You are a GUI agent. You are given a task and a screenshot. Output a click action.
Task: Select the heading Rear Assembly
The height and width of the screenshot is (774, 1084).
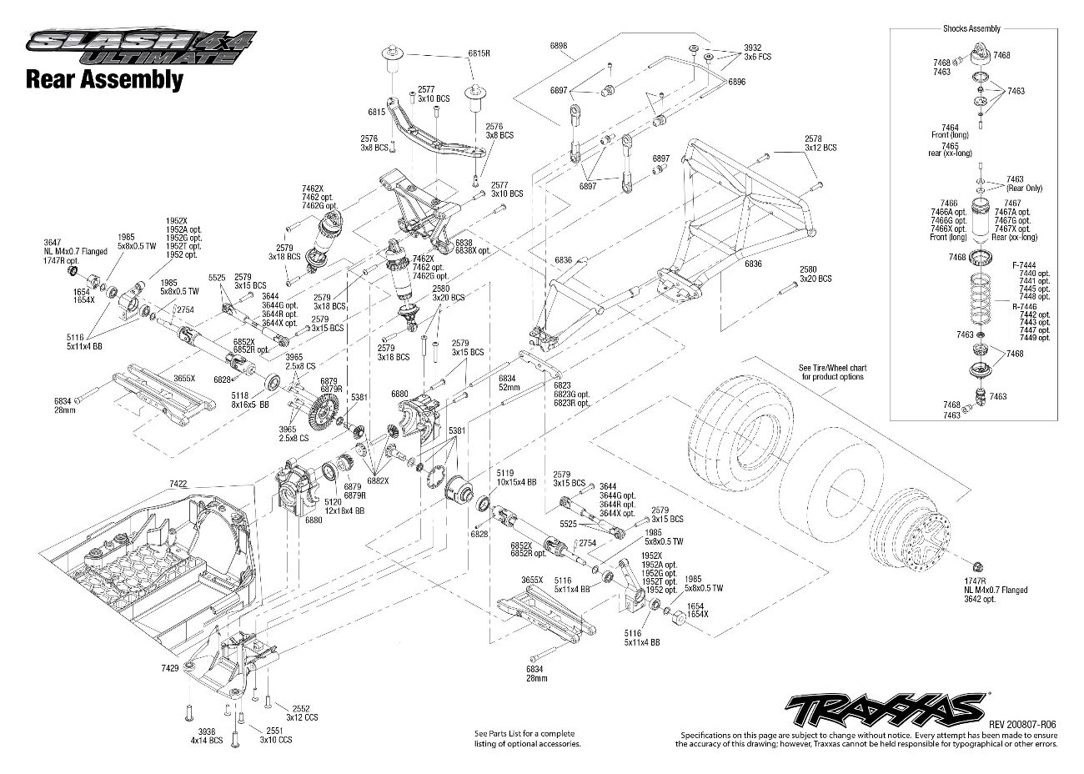104,80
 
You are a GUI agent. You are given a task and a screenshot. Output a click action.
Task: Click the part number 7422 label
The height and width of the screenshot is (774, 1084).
178,483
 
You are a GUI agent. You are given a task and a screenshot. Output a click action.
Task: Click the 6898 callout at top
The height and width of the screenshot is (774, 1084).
559,44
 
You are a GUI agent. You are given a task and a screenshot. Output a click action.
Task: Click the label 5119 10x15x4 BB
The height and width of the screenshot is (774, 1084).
511,475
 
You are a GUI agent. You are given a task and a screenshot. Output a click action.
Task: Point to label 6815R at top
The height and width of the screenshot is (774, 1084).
478,53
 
